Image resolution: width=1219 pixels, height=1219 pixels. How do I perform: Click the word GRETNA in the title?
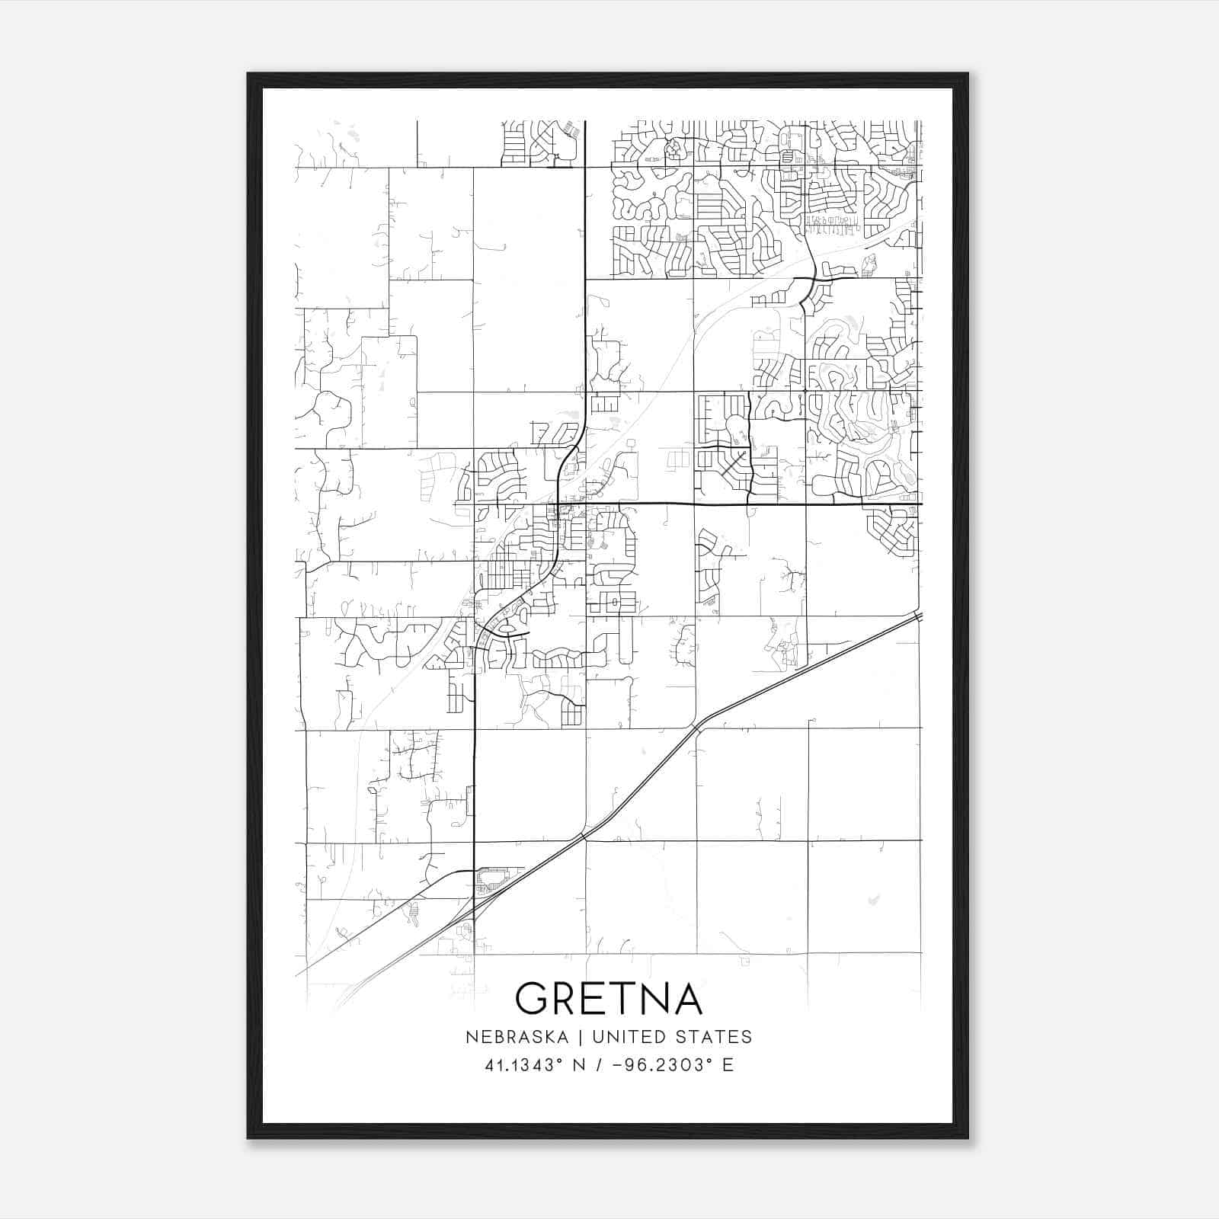pos(609,998)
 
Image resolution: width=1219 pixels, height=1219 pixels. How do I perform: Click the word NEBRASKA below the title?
pos(516,1037)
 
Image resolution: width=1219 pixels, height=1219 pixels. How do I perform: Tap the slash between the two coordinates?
pos(600,1065)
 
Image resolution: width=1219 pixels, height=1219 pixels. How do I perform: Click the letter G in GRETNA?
pos(533,998)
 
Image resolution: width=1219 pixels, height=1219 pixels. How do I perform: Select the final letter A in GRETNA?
pos(686,998)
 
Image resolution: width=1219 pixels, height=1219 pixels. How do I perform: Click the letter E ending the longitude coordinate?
pos(728,1065)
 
